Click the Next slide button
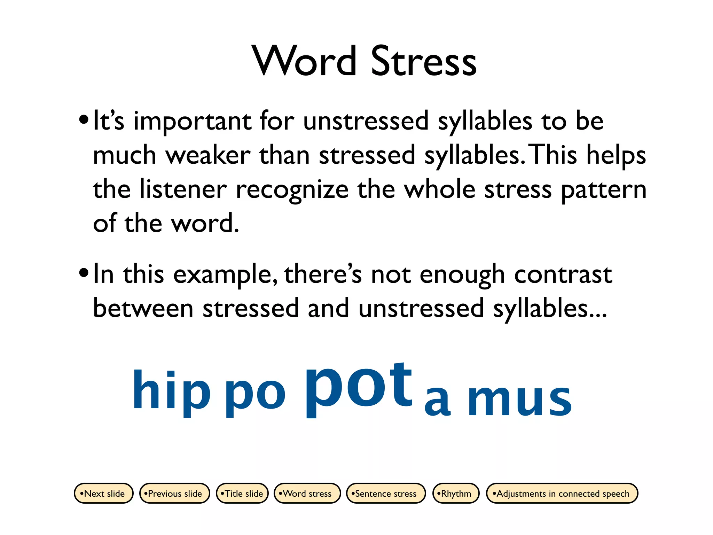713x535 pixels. [104, 493]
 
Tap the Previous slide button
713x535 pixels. [174, 493]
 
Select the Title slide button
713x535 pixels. [242, 493]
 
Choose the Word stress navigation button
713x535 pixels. [307, 493]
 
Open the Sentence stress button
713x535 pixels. [386, 493]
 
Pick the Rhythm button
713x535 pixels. [456, 493]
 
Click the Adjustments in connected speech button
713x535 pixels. [562, 493]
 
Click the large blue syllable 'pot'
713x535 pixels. [359, 387]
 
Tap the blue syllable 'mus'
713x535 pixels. [519, 399]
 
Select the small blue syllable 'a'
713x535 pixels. [438, 401]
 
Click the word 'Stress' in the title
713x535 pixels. [424, 62]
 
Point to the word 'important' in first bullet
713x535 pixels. [193, 121]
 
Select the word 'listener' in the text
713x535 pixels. [183, 189]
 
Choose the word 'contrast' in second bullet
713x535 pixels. [563, 274]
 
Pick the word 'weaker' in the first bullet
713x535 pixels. [208, 155]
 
